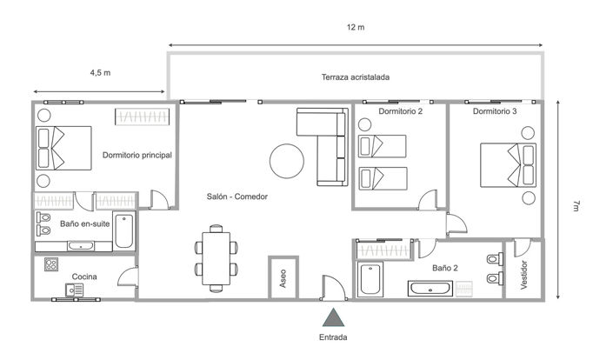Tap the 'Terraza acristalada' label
click(x=355, y=77)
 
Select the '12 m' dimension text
click(x=355, y=28)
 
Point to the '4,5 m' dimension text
click(x=100, y=73)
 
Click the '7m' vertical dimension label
click(x=576, y=205)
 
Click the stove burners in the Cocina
click(x=50, y=264)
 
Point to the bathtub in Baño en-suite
click(x=124, y=230)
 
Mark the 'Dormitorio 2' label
click(x=402, y=112)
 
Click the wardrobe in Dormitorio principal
click(x=140, y=117)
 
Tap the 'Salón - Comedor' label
click(x=237, y=197)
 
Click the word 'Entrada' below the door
click(x=333, y=337)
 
